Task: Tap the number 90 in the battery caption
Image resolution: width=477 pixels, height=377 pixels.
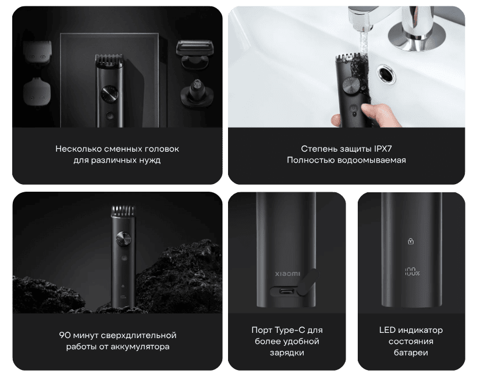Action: (65, 335)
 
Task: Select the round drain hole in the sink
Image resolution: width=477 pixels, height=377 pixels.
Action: (386, 73)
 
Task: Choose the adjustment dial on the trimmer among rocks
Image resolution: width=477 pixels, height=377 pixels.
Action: (123, 240)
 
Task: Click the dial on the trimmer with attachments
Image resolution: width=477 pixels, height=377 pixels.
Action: (108, 94)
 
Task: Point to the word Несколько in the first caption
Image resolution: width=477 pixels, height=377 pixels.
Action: (77, 148)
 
